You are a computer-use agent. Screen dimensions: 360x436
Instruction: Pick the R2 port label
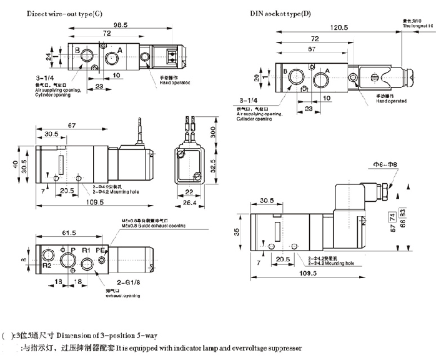click(46, 264)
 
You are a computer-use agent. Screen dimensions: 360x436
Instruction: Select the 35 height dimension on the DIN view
click(236, 231)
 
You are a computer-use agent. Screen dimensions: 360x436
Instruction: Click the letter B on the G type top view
click(77, 50)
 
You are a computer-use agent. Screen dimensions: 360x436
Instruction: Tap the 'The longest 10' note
click(418, 27)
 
